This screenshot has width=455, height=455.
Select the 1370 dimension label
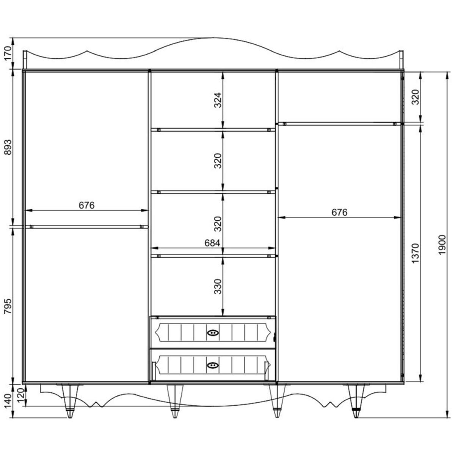[x=415, y=253]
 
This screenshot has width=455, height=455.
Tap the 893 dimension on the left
[x=8, y=147]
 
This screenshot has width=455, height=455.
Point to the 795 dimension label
[x=8, y=306]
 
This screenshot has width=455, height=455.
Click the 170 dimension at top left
[x=8, y=53]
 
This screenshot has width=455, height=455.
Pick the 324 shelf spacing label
[x=218, y=100]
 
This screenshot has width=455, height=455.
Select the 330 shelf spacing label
[x=218, y=286]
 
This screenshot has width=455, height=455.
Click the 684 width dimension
[x=212, y=243]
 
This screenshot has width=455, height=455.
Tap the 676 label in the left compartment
[x=86, y=205]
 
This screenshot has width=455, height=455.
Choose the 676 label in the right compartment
[x=339, y=212]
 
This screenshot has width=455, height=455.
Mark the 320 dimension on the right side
[x=415, y=97]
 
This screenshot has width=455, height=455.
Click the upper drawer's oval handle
[x=213, y=333]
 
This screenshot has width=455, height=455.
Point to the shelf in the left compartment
[x=87, y=227]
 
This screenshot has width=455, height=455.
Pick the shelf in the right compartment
[x=339, y=124]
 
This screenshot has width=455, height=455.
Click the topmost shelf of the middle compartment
[x=213, y=130]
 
